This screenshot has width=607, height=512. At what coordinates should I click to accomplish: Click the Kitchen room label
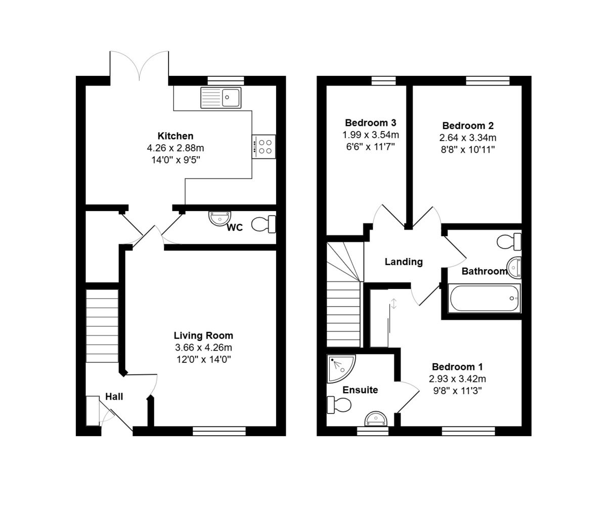click(176, 136)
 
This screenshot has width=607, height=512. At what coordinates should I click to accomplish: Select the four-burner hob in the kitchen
click(264, 147)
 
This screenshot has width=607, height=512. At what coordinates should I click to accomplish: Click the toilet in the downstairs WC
click(264, 224)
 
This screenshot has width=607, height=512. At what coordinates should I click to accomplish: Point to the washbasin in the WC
click(220, 218)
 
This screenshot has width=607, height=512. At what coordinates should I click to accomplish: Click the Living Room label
click(203, 335)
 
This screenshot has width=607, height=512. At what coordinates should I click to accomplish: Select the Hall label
click(114, 396)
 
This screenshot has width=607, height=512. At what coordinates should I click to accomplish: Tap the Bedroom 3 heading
click(370, 123)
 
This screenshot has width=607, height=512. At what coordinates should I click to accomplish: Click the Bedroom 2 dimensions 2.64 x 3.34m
click(468, 138)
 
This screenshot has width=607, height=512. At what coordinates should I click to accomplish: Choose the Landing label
click(404, 262)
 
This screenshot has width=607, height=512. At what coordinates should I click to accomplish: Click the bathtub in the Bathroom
click(484, 298)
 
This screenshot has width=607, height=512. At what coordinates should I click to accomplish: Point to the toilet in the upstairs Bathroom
click(509, 242)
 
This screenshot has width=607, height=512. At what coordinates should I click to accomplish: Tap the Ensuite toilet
click(339, 405)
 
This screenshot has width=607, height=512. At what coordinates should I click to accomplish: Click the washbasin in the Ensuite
click(376, 419)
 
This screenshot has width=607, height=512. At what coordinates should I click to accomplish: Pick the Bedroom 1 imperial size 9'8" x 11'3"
click(457, 391)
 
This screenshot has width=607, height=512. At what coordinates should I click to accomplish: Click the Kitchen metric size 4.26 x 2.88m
click(176, 148)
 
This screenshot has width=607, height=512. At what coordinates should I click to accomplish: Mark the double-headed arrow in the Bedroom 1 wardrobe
click(394, 304)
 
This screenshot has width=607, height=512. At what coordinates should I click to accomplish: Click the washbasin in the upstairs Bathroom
click(514, 268)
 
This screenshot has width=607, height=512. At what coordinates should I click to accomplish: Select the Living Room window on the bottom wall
click(219, 431)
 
